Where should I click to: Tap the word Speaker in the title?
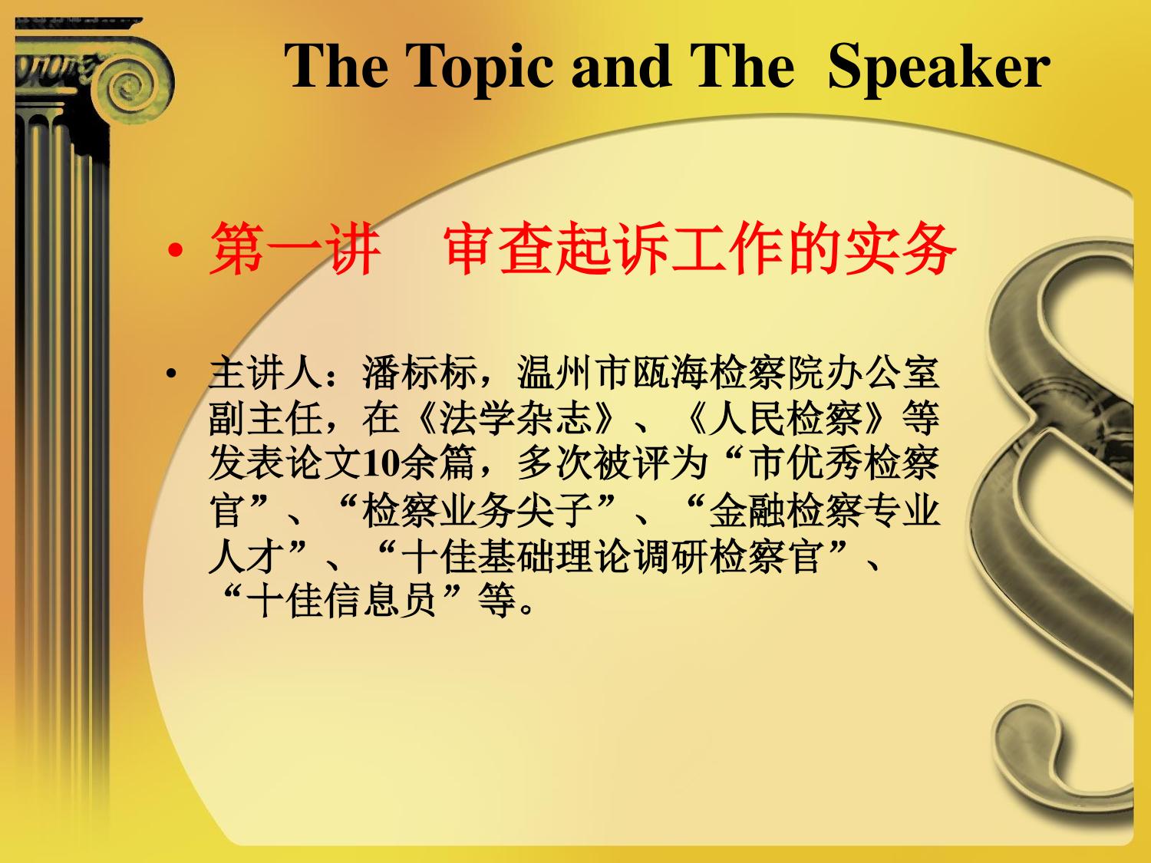[x=938, y=68]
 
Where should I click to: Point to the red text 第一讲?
[x=295, y=249]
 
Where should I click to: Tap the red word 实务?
[x=900, y=249]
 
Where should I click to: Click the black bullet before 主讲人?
[x=170, y=374]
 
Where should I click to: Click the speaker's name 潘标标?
[x=419, y=373]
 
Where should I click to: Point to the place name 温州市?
[x=574, y=373]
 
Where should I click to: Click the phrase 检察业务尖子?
[x=477, y=511]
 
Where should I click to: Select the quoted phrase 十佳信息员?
[x=341, y=601]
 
